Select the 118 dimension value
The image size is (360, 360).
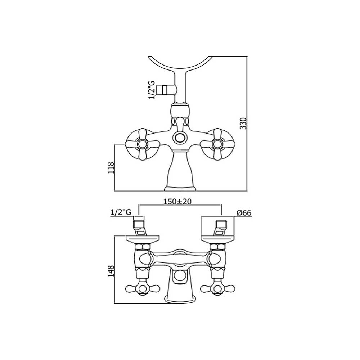(111, 168)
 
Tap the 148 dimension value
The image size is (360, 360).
(111, 270)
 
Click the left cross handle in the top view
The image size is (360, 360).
(142, 144)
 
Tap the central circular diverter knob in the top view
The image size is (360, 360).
(179, 137)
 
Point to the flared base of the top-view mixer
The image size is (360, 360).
(179, 173)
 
